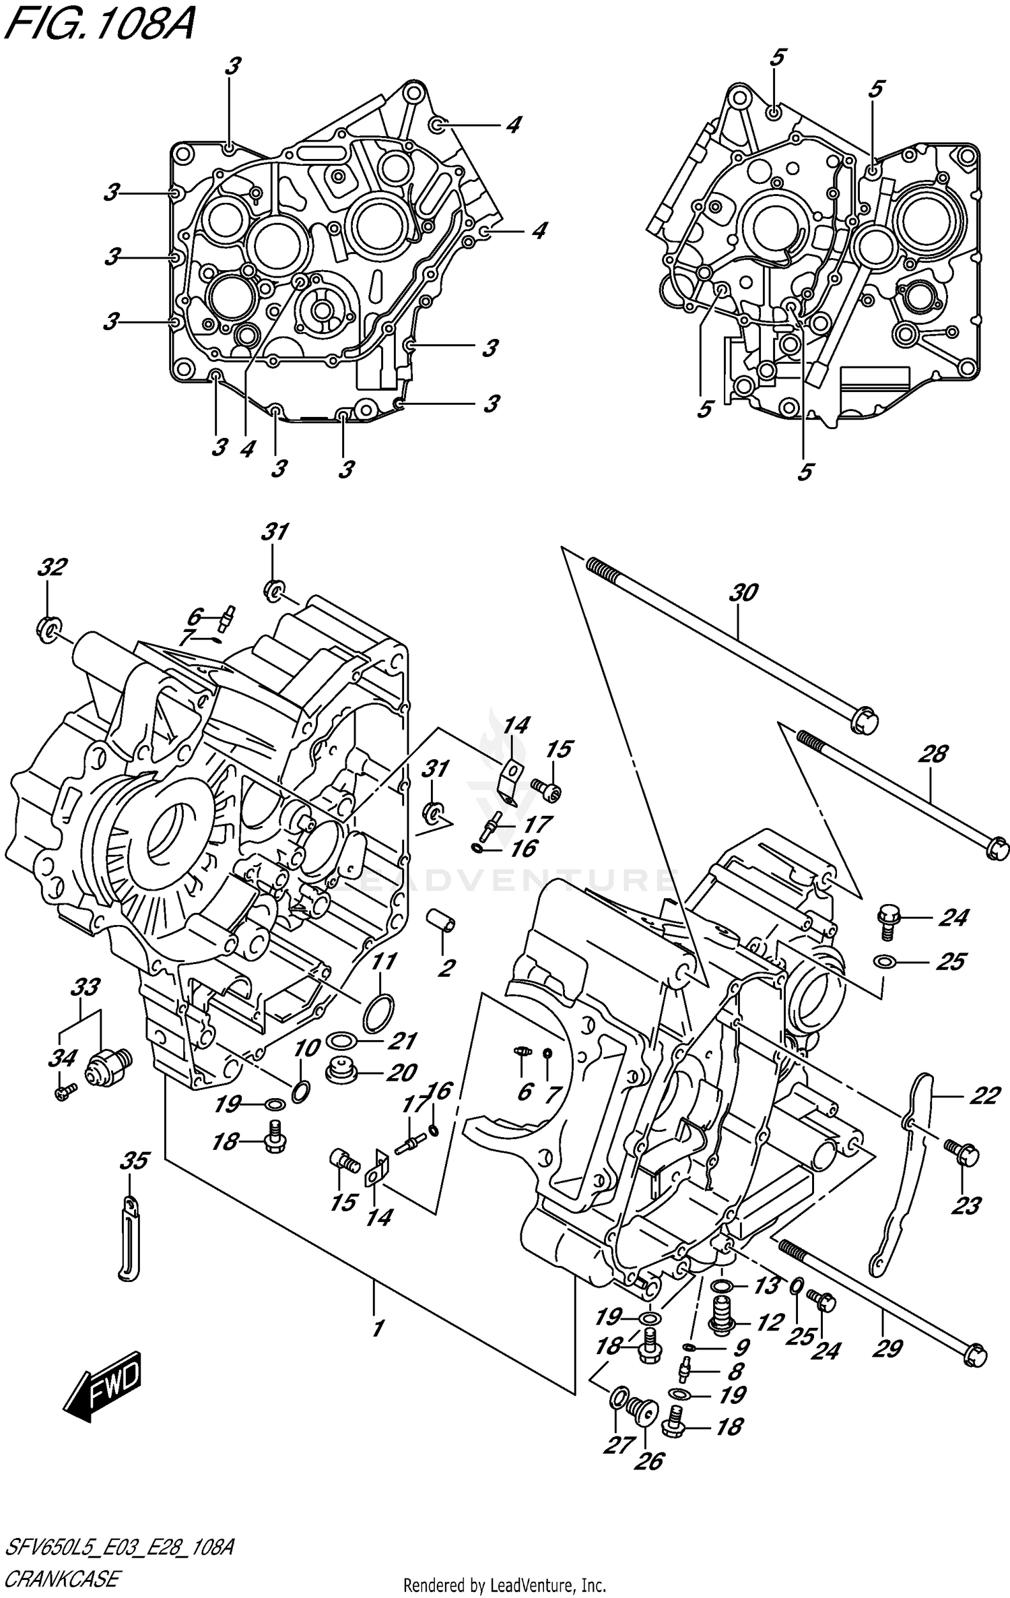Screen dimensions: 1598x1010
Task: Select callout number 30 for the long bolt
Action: click(743, 593)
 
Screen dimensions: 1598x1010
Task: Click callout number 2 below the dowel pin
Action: click(446, 968)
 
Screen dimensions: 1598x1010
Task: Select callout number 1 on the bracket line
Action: click(377, 1329)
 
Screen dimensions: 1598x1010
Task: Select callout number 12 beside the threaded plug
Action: click(770, 1322)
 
